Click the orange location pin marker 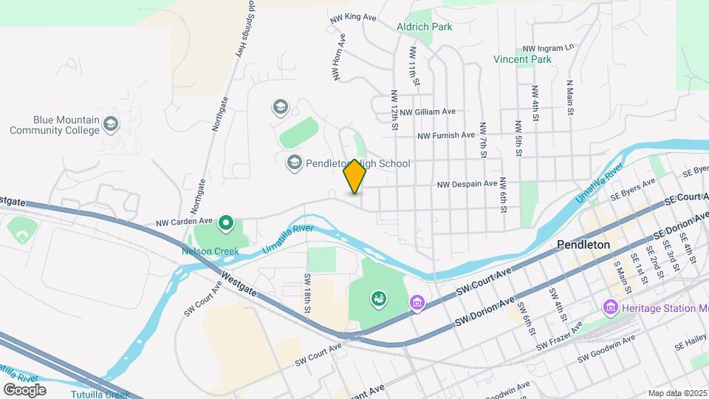(x=354, y=176)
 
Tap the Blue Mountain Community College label (x=55, y=125)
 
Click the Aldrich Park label (x=424, y=27)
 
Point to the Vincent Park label (x=523, y=59)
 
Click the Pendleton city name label (x=583, y=244)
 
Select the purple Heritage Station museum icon (x=610, y=306)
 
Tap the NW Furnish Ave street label (x=446, y=136)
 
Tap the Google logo (x=24, y=389)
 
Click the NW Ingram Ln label (x=547, y=47)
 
